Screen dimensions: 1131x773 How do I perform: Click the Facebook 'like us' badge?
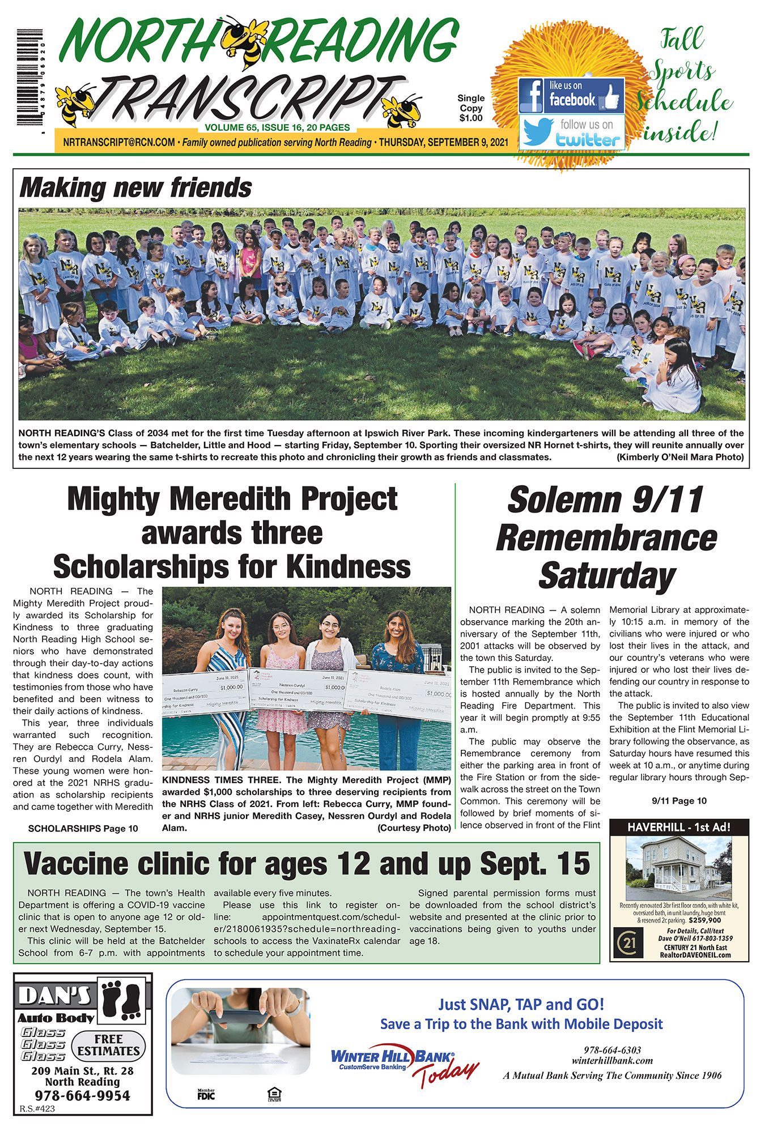pyautogui.click(x=571, y=96)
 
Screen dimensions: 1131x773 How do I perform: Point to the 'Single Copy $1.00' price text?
pyautogui.click(x=471, y=108)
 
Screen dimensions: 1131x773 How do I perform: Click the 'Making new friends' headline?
pyautogui.click(x=135, y=188)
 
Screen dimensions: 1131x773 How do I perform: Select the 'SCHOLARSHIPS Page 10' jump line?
pyautogui.click(x=83, y=829)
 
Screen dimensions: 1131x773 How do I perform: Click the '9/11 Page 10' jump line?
pyautogui.click(x=679, y=801)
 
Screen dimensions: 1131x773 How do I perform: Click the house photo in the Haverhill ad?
pyautogui.click(x=678, y=868)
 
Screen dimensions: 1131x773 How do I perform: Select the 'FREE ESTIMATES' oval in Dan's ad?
pyautogui.click(x=108, y=1045)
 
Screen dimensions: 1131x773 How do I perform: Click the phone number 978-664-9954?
pyautogui.click(x=83, y=1095)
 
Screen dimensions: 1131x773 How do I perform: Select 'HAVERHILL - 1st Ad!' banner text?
pyautogui.click(x=679, y=827)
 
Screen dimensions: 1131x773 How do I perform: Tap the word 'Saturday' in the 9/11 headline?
pyautogui.click(x=606, y=576)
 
